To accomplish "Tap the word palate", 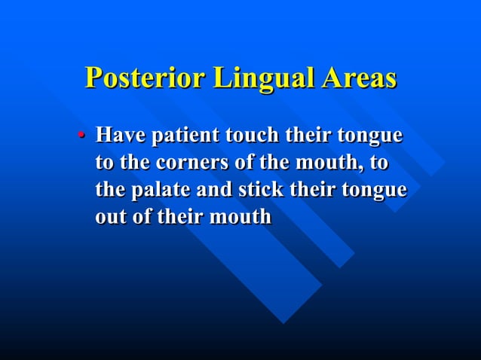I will point(158,190).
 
